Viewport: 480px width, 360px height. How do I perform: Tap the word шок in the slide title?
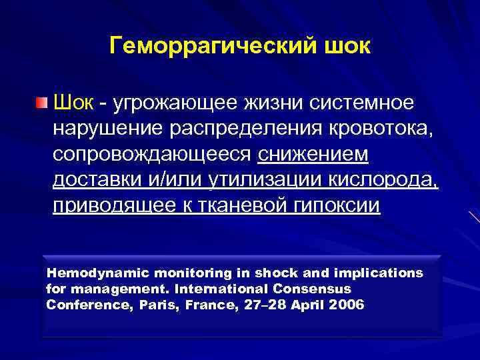345,47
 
